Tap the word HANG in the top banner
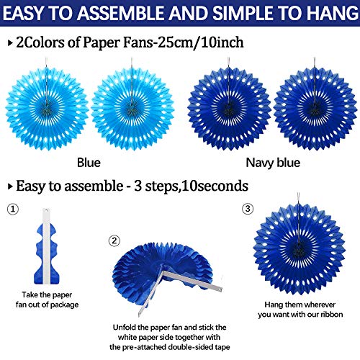tap(333, 13)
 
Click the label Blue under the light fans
tap(89, 163)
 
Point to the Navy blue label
tap(273, 163)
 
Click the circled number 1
tap(13, 209)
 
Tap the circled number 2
tap(114, 240)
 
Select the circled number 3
tap(248, 209)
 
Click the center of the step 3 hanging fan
tap(299, 249)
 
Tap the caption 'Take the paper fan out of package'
tap(47, 300)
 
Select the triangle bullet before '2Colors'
tap(10, 43)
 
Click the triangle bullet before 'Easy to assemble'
tap(10, 186)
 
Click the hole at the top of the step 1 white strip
tap(46, 210)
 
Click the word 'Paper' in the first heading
tap(101, 42)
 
